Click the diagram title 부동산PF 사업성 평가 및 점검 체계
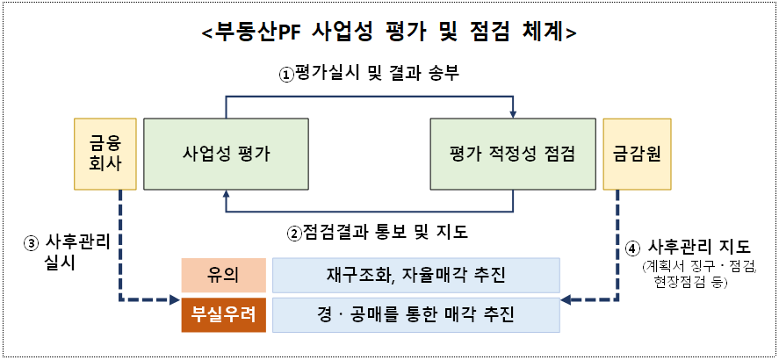[389, 32]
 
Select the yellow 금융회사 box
[105, 154]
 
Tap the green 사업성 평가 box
[227, 154]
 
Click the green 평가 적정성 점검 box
[513, 154]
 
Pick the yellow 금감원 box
[637, 154]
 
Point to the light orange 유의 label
[224, 275]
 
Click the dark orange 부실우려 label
[224, 314]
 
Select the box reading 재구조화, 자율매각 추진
[416, 275]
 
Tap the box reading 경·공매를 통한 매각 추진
[416, 314]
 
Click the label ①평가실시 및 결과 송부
[370, 75]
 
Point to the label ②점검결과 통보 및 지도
[379, 234]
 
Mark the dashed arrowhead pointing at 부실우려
[173, 301]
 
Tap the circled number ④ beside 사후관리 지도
[634, 248]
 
